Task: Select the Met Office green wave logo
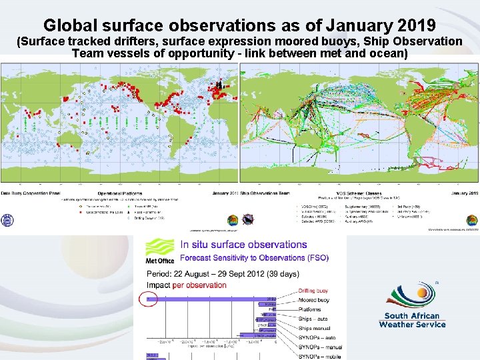[159, 246]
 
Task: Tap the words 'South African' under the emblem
[412, 316]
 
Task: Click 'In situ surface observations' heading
[244, 245]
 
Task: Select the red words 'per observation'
[200, 285]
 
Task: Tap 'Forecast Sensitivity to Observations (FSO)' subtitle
[254, 258]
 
